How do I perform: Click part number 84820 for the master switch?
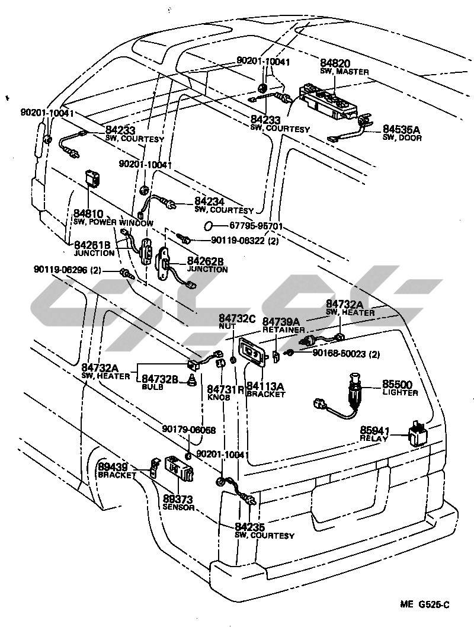(x=335, y=63)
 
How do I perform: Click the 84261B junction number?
(x=92, y=245)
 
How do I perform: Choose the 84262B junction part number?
(x=206, y=261)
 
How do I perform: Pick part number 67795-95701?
(x=255, y=226)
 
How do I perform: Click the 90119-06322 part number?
(x=239, y=241)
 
